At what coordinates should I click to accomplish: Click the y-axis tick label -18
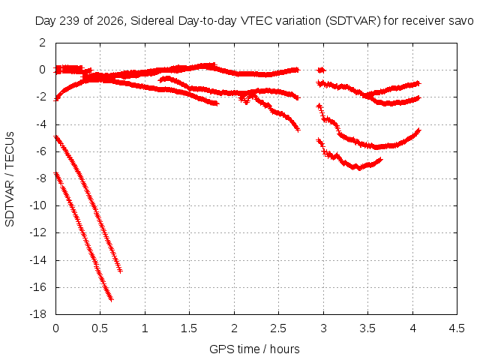38,314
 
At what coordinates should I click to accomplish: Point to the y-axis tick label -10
38,205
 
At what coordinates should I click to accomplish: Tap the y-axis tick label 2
42,43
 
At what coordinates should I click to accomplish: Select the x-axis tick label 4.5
457,328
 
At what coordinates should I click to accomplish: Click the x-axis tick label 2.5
278,328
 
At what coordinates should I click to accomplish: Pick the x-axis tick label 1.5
189,328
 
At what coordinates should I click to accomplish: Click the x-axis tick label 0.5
100,328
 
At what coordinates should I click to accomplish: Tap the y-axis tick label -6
40,151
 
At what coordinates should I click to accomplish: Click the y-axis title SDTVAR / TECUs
10,179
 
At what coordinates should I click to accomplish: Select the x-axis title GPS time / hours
254,349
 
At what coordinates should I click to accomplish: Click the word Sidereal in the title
153,21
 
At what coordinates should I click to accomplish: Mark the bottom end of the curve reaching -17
111,299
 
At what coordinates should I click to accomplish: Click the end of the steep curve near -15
120,271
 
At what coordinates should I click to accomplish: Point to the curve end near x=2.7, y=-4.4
298,130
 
